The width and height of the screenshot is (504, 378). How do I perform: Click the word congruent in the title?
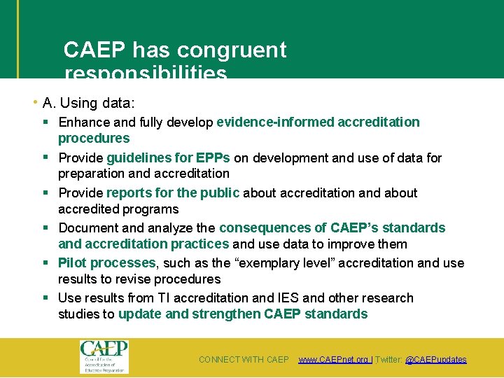pos(232,50)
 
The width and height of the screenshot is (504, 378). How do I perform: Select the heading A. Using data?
pos(88,103)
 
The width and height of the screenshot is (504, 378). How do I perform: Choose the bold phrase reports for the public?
pos(173,192)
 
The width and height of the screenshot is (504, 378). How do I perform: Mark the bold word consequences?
pos(258,227)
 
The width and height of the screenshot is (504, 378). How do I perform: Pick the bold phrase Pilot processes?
pos(107,262)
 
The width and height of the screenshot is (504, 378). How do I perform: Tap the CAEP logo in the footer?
pos(104,356)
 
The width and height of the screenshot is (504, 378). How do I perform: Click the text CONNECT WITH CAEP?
pos(244,360)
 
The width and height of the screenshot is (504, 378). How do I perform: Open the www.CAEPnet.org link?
pos(334,360)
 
